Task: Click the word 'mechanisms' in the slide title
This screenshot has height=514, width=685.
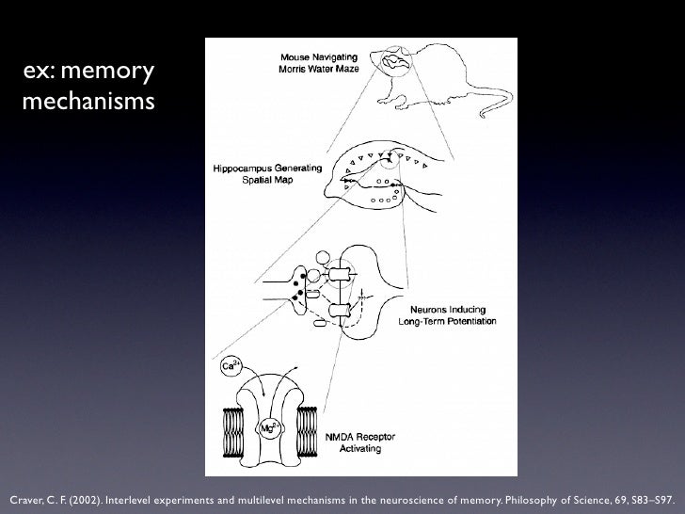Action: point(85,100)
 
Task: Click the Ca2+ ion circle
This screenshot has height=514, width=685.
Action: point(230,364)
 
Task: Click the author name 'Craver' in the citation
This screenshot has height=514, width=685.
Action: point(24,495)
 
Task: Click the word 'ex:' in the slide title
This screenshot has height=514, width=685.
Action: point(40,71)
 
